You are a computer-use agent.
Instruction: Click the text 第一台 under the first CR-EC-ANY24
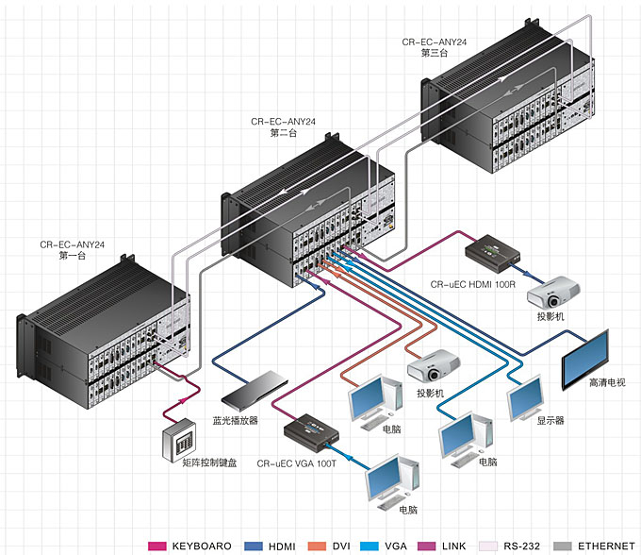[73, 255]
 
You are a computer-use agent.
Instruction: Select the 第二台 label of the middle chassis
[283, 133]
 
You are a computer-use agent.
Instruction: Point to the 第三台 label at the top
[435, 53]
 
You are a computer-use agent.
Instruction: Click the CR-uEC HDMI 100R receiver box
[494, 251]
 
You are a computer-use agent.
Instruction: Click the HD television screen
[586, 360]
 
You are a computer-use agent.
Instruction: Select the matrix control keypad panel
[181, 437]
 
